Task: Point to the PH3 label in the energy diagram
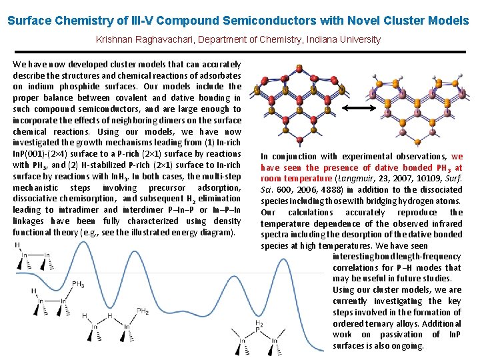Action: pos(78,284)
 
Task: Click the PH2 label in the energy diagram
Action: pos(142,311)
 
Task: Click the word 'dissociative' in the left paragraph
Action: pos(37,198)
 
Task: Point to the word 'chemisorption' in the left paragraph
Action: pos(89,198)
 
